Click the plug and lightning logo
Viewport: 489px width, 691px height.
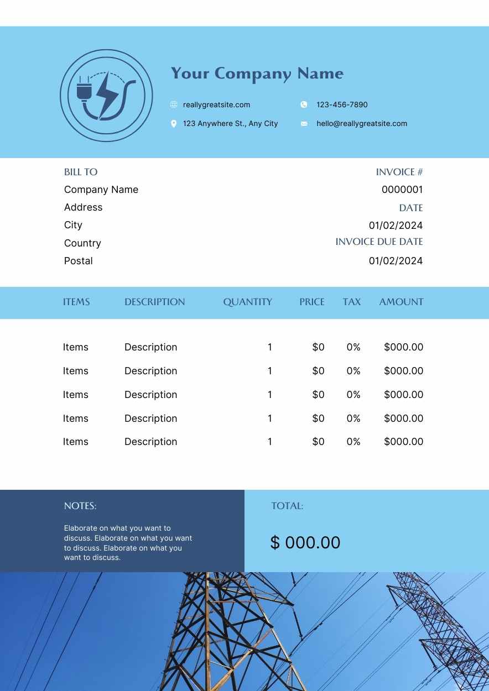pyautogui.click(x=106, y=96)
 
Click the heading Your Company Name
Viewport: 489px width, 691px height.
pyautogui.click(x=257, y=74)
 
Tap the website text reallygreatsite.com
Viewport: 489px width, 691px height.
pyautogui.click(x=216, y=105)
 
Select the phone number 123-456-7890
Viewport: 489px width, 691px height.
pyautogui.click(x=342, y=105)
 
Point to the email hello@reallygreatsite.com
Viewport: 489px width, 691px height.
pyautogui.click(x=362, y=124)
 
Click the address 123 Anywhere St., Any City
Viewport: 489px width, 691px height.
pyautogui.click(x=230, y=124)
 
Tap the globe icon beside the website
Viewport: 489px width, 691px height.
pyautogui.click(x=174, y=105)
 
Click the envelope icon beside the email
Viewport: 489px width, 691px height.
pyautogui.click(x=304, y=124)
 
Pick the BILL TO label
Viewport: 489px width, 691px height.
pyautogui.click(x=81, y=172)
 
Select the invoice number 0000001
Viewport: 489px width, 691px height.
pyautogui.click(x=402, y=190)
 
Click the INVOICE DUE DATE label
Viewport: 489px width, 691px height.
pyautogui.click(x=379, y=242)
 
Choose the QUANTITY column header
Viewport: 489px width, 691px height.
pyautogui.click(x=247, y=302)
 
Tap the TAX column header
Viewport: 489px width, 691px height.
pyautogui.click(x=351, y=302)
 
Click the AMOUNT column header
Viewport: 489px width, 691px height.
pyautogui.click(x=401, y=302)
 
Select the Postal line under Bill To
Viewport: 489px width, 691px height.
pyautogui.click(x=79, y=261)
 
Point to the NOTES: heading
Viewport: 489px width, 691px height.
pyautogui.click(x=80, y=506)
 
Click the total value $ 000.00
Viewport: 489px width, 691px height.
pyautogui.click(x=305, y=543)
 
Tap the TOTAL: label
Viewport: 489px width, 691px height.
pyautogui.click(x=287, y=506)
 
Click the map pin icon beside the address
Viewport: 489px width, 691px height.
pyautogui.click(x=174, y=124)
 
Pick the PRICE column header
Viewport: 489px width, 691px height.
pyautogui.click(x=312, y=302)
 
